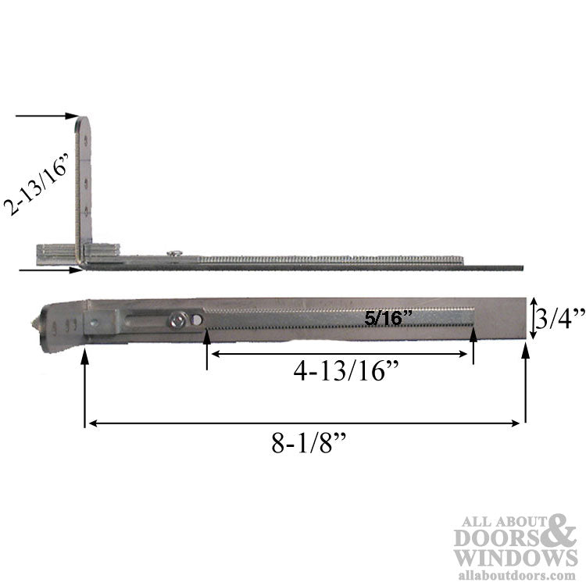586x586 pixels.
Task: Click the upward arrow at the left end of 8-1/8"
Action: (84, 383)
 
